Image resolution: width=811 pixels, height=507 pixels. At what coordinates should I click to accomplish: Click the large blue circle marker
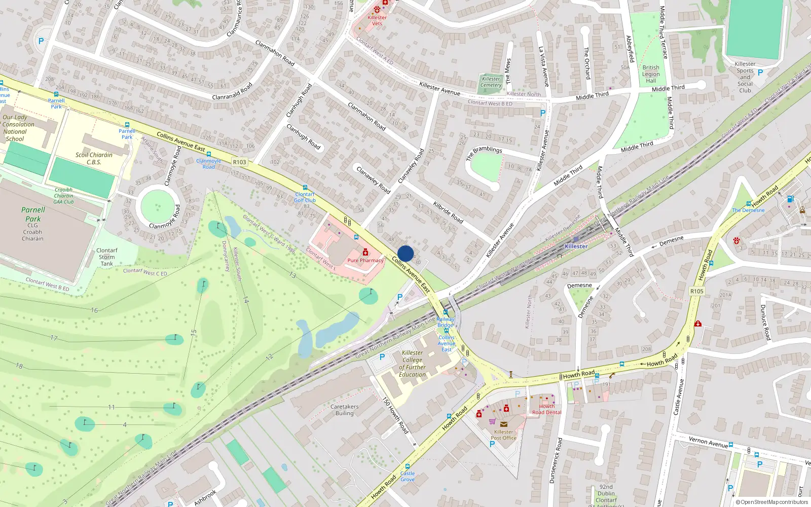point(405,253)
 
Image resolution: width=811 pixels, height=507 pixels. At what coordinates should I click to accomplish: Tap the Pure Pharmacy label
point(365,260)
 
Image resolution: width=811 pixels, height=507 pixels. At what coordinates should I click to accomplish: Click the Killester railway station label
point(576,246)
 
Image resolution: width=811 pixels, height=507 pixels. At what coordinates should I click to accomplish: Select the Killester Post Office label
point(503,434)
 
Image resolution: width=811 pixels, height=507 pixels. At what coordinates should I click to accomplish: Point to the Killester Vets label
point(377,20)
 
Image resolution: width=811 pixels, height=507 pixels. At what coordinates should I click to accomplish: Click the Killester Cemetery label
point(491,82)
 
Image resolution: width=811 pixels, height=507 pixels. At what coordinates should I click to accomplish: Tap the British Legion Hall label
point(651,74)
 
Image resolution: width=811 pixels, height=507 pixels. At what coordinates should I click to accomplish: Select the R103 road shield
point(239,162)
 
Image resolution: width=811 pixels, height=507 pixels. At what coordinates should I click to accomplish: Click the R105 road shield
point(697,291)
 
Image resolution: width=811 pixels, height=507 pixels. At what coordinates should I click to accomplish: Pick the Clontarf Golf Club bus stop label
point(305,197)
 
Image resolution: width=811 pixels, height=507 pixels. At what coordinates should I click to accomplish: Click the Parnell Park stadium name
point(33,214)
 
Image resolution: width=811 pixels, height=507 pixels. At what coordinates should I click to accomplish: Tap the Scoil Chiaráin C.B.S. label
point(94,159)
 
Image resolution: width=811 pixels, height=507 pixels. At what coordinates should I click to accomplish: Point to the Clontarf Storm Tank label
point(106,257)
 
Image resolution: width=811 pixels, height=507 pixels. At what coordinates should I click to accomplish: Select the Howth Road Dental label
point(546,409)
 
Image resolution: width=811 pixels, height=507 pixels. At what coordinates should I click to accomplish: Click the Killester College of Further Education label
point(412,364)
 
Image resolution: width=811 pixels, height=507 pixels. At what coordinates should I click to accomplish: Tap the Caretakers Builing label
point(344,410)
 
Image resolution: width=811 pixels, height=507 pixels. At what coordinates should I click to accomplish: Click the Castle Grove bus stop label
point(407,476)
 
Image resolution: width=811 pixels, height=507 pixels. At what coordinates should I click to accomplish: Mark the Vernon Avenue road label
point(708,442)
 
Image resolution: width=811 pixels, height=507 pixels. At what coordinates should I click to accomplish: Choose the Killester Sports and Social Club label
point(745,77)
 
